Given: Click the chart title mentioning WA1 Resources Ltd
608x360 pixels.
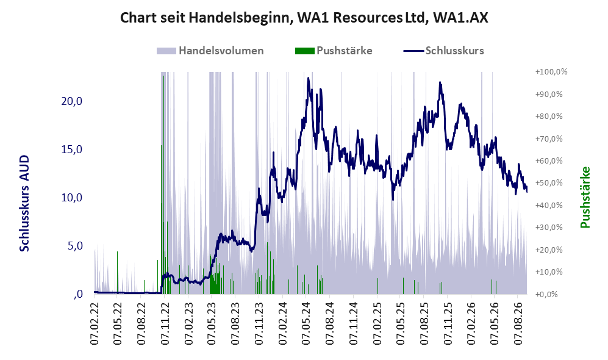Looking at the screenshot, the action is tap(304, 18).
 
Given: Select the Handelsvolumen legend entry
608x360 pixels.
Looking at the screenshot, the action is tap(210, 51).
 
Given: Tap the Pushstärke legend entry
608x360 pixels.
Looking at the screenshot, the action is tap(334, 51).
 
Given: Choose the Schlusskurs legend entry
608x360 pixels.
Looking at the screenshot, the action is tap(443, 51).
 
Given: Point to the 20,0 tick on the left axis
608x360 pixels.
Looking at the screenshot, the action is tap(72, 101).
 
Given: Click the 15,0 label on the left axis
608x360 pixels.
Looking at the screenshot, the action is tap(72, 149).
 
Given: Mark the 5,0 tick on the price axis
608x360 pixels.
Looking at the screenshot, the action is tap(75, 246).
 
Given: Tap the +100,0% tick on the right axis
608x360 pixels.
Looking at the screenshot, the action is tap(551, 72).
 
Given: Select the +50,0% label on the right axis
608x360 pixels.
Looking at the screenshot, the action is tap(549, 183).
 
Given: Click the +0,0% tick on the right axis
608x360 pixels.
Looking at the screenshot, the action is tap(546, 295).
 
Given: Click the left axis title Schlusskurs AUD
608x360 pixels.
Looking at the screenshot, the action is tap(24, 203).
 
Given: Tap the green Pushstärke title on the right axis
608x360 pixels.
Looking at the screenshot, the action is tap(585, 198).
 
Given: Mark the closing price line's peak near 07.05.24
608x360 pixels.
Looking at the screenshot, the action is tap(308, 78).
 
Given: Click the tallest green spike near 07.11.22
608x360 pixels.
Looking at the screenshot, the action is tap(163, 76).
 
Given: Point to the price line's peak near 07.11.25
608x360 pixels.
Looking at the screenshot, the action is tap(440, 82).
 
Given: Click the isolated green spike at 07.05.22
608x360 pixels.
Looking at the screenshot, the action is tap(117, 272).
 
